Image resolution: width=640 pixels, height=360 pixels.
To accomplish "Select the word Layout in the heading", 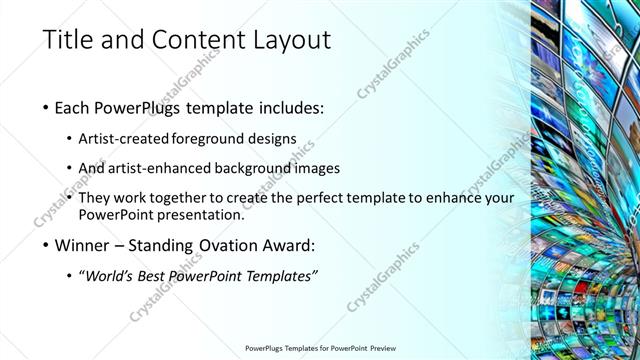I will pyautogui.click(x=288, y=40).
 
